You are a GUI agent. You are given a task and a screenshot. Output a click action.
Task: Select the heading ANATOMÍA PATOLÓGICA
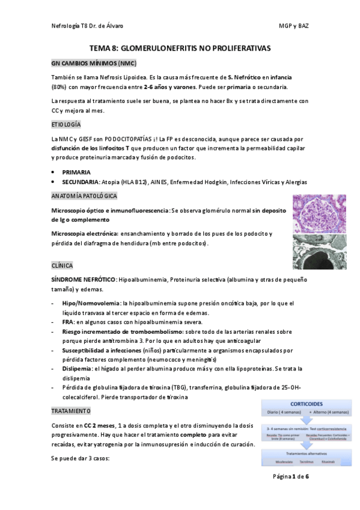pos(84,196)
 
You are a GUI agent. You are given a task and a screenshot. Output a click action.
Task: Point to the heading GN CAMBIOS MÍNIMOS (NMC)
pos(94,63)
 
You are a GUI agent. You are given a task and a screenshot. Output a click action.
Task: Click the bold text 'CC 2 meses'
pos(98,426)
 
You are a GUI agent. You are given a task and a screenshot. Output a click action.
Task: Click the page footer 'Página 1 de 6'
pos(291,476)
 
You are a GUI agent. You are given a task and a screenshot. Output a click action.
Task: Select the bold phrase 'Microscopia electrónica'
pos(85,233)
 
